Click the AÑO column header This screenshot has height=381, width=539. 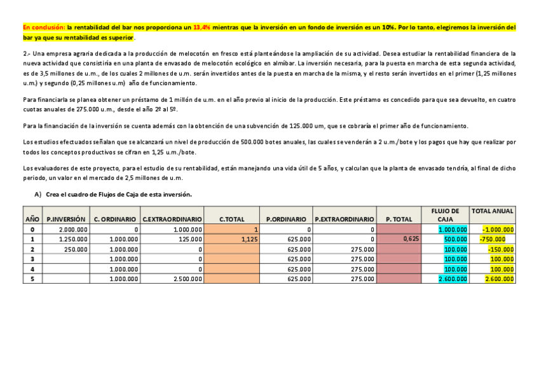pyautogui.click(x=32, y=219)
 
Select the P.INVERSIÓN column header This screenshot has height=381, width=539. pyautogui.click(x=66, y=219)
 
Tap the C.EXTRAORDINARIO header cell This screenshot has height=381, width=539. pyautogui.click(x=173, y=219)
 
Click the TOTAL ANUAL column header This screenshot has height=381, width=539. pyautogui.click(x=493, y=211)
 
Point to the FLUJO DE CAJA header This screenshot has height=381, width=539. pyautogui.click(x=445, y=214)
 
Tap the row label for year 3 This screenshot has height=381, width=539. pyautogui.click(x=32, y=259)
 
